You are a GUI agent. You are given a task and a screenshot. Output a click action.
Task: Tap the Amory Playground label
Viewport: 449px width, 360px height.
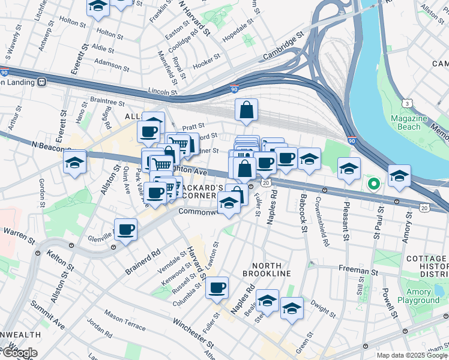423,296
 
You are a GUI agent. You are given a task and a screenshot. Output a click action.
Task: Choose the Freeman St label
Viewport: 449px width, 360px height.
357,271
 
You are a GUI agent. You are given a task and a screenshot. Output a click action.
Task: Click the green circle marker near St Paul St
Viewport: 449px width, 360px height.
373,184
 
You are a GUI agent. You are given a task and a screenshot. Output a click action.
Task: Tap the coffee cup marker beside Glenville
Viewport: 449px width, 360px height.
126,229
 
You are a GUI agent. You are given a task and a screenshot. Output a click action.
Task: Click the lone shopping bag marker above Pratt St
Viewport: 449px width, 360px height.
246,110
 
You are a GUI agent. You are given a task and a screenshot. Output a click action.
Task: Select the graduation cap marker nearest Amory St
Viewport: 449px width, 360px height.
399,176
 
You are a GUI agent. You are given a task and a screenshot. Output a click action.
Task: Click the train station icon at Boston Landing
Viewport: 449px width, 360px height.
41,82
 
